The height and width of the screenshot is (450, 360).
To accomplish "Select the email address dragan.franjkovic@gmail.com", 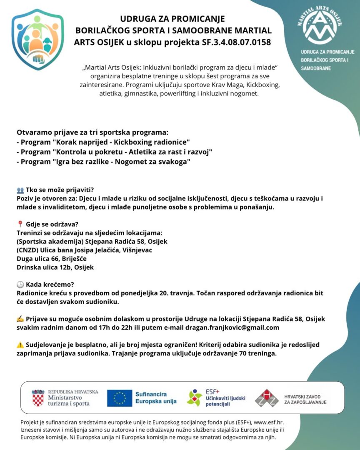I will coord(232,327).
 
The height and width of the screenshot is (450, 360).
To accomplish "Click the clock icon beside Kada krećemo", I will coord(20,285).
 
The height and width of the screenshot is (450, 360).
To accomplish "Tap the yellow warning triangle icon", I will coord(20,345).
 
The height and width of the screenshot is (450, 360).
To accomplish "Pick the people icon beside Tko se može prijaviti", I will coord(20,190).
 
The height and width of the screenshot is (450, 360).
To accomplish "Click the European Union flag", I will coord(119,398).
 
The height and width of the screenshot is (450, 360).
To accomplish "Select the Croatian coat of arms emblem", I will coord(38,398).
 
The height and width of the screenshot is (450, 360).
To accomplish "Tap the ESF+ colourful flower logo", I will coord(194,398).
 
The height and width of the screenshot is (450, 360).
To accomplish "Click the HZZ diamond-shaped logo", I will coord(267,398).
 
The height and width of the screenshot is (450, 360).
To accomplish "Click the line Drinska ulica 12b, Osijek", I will coord(55,267).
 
